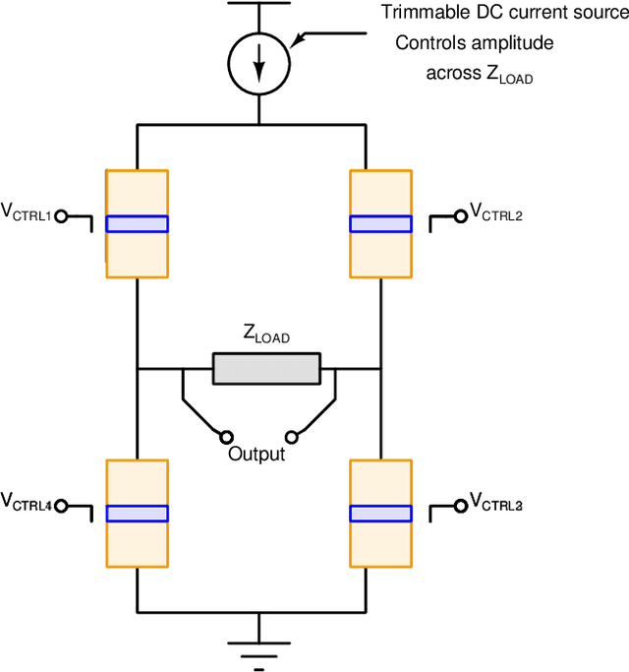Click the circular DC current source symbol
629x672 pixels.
(259, 63)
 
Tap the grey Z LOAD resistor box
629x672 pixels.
(266, 369)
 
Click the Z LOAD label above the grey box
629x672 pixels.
(266, 336)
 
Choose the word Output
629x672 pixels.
(257, 455)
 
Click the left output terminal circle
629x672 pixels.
(226, 437)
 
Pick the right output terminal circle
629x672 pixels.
(291, 437)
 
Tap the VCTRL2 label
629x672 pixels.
(496, 212)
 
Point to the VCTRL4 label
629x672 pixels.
(27, 504)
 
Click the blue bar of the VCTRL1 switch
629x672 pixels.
(137, 223)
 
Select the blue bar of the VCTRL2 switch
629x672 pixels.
(380, 223)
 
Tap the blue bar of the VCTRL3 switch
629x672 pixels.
(380, 513)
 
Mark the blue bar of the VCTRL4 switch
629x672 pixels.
(137, 513)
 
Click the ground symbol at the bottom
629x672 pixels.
(259, 650)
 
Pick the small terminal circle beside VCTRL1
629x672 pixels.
(61, 216)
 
